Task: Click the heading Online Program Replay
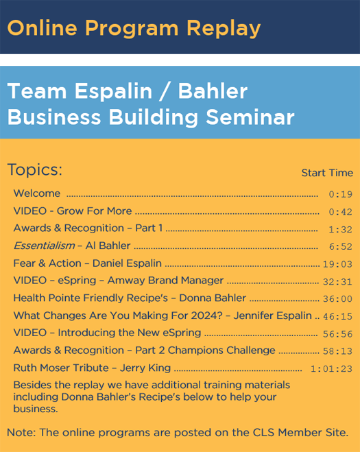coord(134,29)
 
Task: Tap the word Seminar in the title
coord(250,117)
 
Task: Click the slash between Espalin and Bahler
coord(165,92)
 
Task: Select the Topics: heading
coord(34,170)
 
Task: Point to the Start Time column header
coord(327,173)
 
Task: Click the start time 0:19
coord(341,194)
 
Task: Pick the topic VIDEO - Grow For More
coord(73,211)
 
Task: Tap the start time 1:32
coord(341,230)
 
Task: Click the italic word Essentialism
coord(44,246)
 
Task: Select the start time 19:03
coord(337,264)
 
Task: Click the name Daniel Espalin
coord(127,263)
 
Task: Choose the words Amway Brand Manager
coord(165,281)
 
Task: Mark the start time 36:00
coord(337,299)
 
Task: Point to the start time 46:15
coord(337,316)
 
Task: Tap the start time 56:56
coord(337,334)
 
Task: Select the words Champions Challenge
coord(221,350)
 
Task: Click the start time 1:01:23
coord(331,369)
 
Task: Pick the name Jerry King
coord(145,368)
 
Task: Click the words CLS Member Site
coord(300,432)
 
